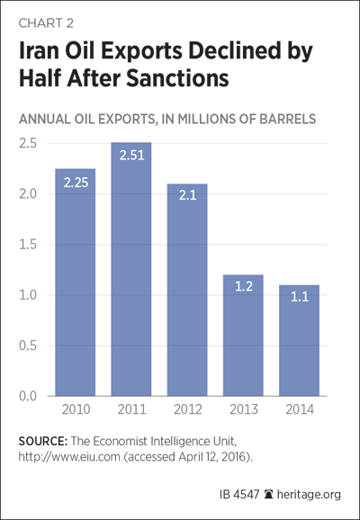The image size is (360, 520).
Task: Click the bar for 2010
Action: tap(76, 282)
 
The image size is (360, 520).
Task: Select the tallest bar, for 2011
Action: tap(131, 269)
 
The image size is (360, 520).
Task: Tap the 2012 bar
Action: tap(187, 290)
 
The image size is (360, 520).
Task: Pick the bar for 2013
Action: tap(243, 336)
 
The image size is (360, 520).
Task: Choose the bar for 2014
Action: tap(300, 340)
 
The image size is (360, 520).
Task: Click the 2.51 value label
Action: tap(131, 156)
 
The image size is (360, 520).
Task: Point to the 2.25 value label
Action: tap(76, 183)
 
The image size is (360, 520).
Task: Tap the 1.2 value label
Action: tap(244, 286)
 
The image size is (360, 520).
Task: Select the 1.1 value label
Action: tap(300, 297)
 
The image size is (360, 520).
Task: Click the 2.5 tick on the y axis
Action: tap(28, 144)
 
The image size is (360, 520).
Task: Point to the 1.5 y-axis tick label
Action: tap(28, 245)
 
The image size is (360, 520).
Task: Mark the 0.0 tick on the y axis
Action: tap(28, 396)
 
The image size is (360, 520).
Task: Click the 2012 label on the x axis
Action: tap(188, 409)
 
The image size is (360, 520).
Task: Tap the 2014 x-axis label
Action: tap(300, 409)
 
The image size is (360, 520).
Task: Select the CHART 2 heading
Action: tap(46, 23)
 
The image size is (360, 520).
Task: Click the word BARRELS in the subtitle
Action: tap(288, 119)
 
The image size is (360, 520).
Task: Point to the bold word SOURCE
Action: tap(43, 442)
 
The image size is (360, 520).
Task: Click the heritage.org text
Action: tap(309, 495)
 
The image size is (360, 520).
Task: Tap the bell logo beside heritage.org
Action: tap(268, 494)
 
